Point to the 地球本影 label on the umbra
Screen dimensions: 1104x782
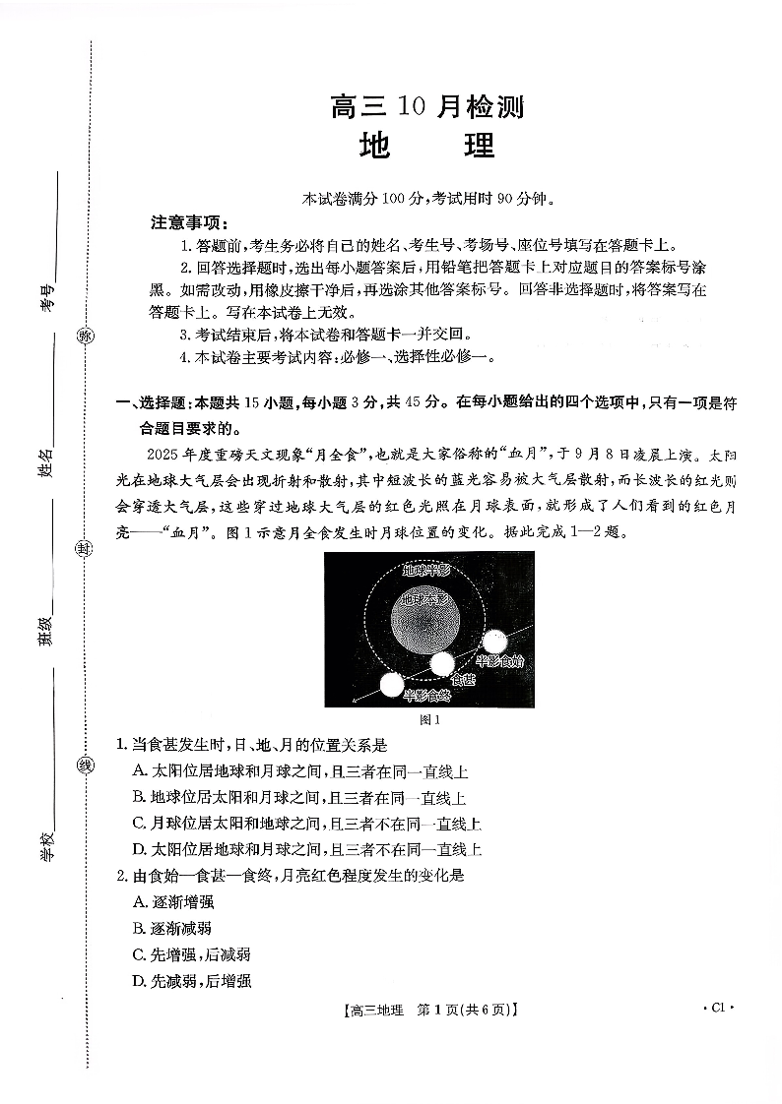coord(426,599)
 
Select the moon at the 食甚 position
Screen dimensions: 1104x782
coord(442,665)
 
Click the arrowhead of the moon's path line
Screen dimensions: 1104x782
coord(356,702)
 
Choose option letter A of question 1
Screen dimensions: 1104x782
coord(139,771)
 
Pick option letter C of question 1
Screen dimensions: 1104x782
coord(139,824)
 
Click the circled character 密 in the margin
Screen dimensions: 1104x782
coord(86,336)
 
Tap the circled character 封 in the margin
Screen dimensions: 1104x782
coord(86,549)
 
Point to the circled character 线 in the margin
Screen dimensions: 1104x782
coord(86,766)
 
